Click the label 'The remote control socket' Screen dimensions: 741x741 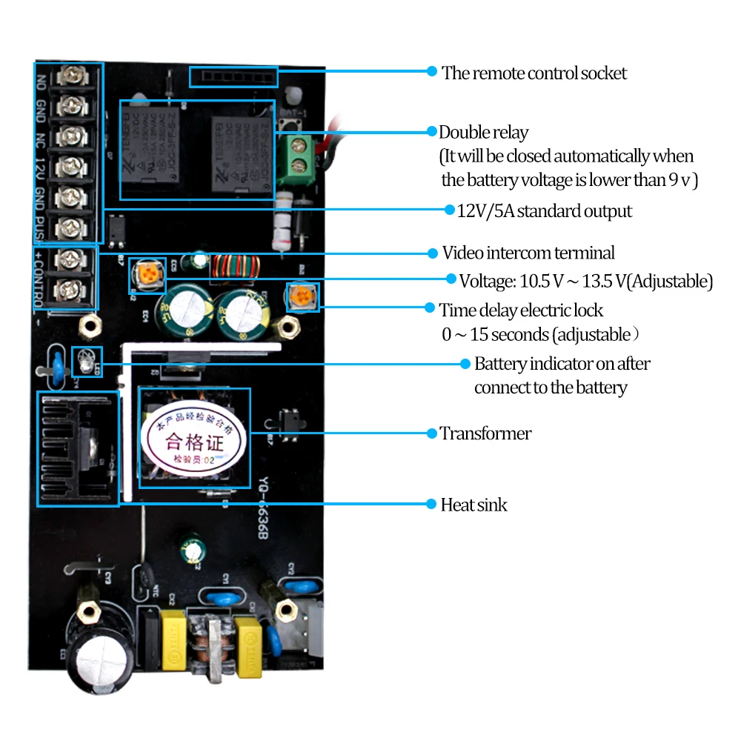click(534, 73)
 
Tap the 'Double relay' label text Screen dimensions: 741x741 click(483, 133)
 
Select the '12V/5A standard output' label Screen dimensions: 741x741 click(544, 211)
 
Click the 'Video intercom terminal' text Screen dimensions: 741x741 click(528, 253)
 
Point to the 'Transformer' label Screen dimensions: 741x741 click(485, 433)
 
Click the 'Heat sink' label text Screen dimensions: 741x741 click(473, 505)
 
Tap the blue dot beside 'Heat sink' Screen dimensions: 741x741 click(431, 505)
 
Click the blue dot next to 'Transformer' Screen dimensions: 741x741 click(431, 433)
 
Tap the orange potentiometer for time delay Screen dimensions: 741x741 click(302, 298)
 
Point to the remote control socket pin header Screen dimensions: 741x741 click(233, 76)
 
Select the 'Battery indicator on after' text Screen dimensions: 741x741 click(562, 364)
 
